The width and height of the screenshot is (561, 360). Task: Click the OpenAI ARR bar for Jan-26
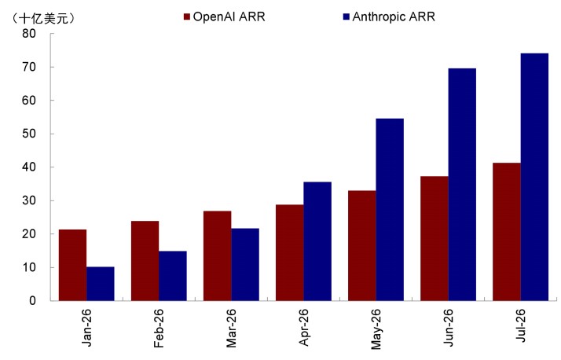tap(72, 265)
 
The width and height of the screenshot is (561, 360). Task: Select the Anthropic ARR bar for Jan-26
tap(101, 284)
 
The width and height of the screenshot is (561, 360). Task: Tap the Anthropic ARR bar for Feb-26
tap(173, 276)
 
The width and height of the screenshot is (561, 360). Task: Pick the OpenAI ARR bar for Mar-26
tap(218, 256)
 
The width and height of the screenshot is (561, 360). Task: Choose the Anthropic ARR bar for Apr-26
tap(317, 241)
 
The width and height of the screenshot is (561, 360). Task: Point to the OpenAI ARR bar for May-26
tap(362, 245)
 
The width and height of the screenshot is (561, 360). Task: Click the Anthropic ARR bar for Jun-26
tap(462, 185)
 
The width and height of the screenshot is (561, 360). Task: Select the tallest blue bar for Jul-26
tap(534, 177)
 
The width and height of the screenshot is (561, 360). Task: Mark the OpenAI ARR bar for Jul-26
tap(507, 232)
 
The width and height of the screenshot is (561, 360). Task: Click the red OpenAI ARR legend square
tap(187, 17)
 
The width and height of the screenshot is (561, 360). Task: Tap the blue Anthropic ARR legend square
tap(346, 17)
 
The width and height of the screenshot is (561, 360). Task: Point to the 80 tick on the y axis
tap(29, 34)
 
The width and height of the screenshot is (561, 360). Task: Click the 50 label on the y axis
tap(29, 134)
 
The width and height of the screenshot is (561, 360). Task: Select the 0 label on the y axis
tap(32, 300)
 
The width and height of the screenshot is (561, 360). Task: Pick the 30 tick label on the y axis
tap(29, 200)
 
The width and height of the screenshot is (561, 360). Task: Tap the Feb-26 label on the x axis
tap(159, 328)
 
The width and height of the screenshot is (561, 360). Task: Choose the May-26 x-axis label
tap(376, 329)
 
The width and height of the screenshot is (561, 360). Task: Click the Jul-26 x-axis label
tap(521, 325)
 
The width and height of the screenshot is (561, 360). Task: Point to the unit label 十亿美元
tap(44, 19)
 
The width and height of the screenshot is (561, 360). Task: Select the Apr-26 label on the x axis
tap(303, 328)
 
